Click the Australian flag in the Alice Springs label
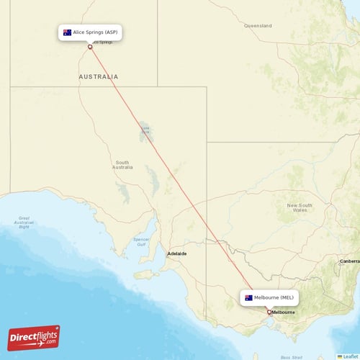pos(68,32)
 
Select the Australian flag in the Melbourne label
pos(248,297)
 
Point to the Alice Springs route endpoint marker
pos(90,47)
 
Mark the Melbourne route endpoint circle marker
pos(269,312)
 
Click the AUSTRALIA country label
pos(99,76)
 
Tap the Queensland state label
pos(258,26)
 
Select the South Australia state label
pos(123,165)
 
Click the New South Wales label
pos(298,207)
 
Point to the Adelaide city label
pos(177,253)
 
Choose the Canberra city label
pos(350,261)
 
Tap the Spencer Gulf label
pos(141,240)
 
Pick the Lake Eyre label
pos(145,130)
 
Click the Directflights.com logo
pos(34,337)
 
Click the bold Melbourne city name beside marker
pos(283,312)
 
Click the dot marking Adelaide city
pos(167,253)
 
